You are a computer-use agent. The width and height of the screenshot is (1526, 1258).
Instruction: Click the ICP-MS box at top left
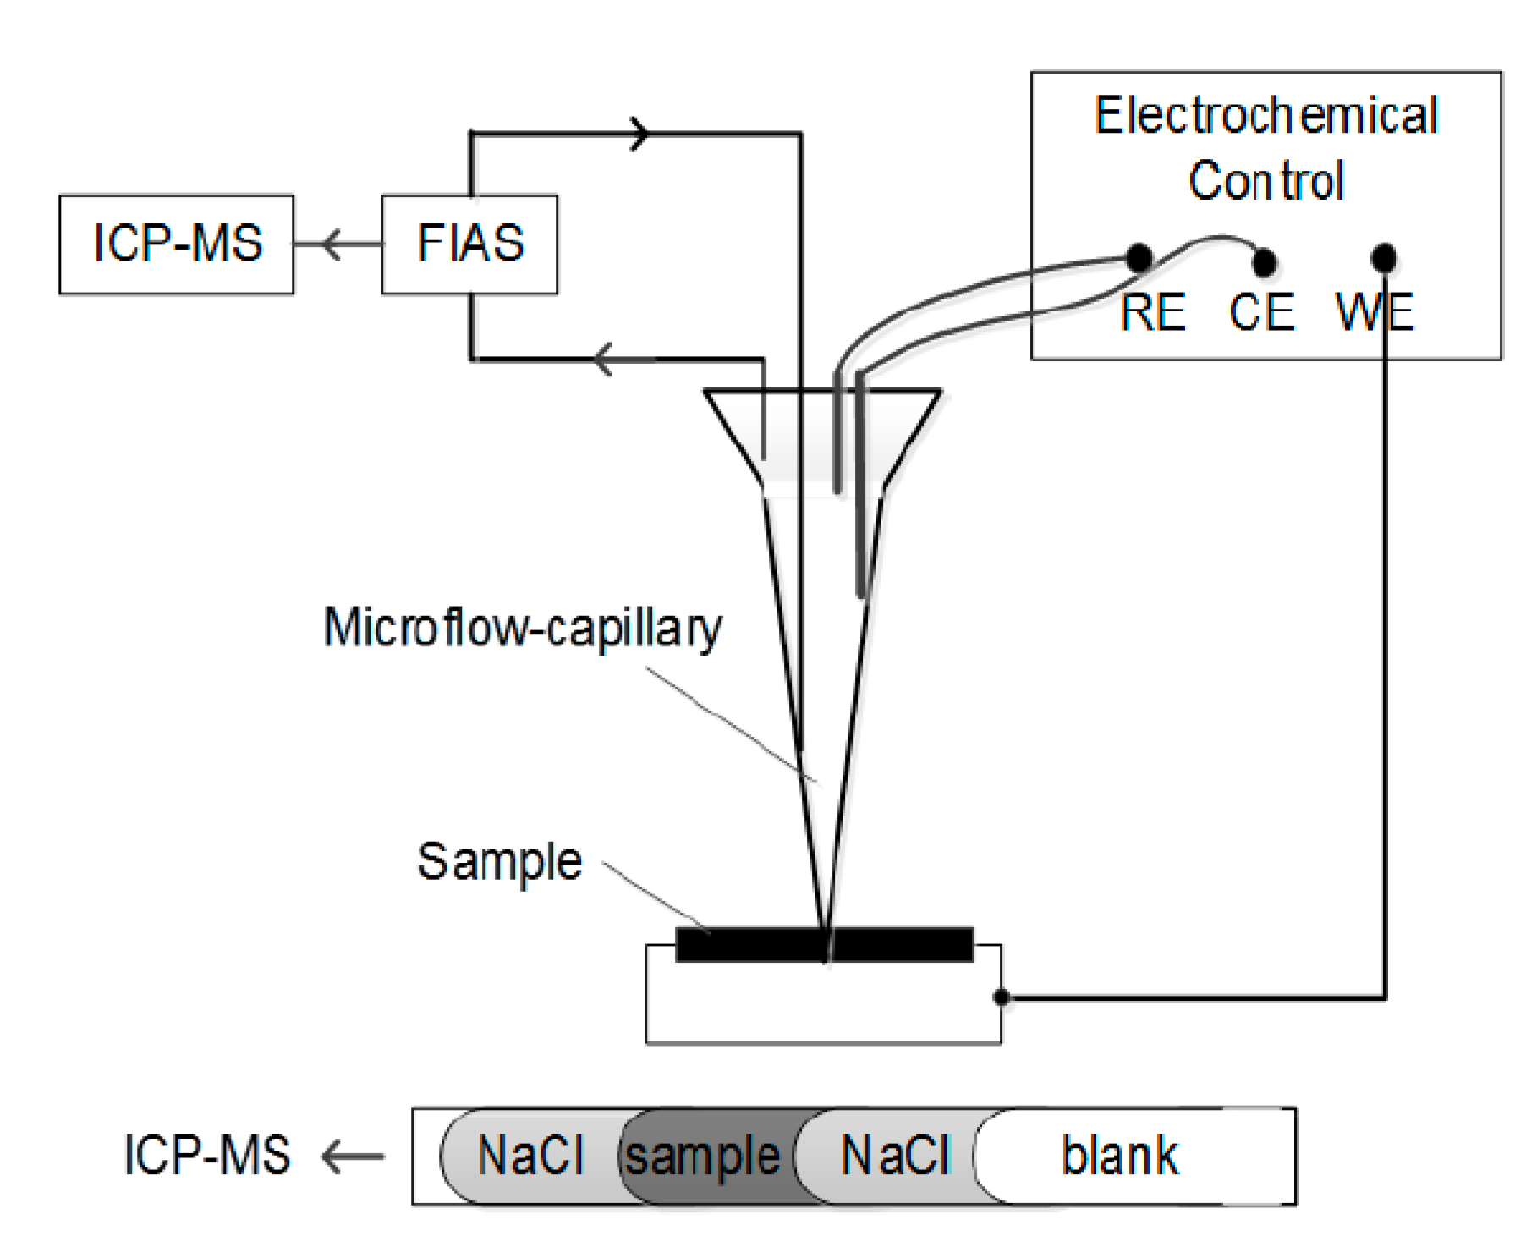[x=176, y=244]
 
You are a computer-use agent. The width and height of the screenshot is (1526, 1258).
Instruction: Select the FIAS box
[x=469, y=244]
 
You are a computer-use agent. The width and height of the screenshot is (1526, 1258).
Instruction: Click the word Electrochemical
[x=1265, y=116]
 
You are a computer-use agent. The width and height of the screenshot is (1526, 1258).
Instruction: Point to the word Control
[x=1265, y=181]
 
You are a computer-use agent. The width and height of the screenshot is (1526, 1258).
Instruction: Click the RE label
[x=1153, y=312]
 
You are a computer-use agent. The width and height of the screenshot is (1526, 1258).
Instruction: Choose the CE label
[x=1261, y=312]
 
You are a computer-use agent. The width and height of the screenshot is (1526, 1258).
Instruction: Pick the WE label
[x=1375, y=312]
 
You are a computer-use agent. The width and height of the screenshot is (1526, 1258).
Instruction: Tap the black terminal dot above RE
[x=1140, y=256]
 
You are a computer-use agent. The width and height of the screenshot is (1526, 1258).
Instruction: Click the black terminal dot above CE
[x=1264, y=261]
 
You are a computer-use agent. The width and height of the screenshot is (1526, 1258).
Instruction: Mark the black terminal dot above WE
[x=1384, y=257]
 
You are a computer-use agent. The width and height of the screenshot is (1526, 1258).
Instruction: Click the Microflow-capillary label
[x=523, y=629]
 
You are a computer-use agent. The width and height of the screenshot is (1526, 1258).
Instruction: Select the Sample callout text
[x=499, y=862]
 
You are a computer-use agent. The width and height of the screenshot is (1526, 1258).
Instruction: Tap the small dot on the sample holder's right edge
[x=1001, y=997]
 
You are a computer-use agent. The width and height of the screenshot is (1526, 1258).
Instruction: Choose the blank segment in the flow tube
[x=1118, y=1156]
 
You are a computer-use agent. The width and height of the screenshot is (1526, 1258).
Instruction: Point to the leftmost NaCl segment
[x=530, y=1156]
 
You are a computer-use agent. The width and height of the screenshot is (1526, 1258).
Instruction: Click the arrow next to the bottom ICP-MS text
[x=351, y=1156]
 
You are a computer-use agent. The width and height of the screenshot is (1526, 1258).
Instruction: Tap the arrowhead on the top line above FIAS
[x=640, y=134]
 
